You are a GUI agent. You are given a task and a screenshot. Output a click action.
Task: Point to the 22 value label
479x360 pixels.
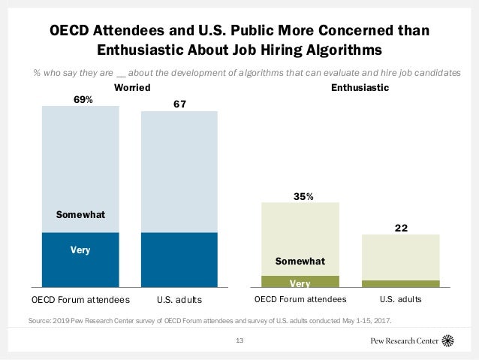[x=400, y=228]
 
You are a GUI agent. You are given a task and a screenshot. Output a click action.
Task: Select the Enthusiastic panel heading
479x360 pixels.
[x=360, y=87]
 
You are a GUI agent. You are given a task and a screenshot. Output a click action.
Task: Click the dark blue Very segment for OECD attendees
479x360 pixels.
[x=80, y=260]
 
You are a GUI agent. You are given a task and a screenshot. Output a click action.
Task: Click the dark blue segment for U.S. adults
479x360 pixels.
[x=179, y=260]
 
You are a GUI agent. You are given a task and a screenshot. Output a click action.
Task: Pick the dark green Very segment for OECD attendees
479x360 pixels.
[x=300, y=282]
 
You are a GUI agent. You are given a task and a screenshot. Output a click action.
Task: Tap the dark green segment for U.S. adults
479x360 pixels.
[x=400, y=284]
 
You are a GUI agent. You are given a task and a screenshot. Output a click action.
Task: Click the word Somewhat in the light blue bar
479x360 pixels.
[x=81, y=215]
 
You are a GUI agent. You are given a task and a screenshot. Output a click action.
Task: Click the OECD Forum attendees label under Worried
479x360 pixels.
[x=80, y=300]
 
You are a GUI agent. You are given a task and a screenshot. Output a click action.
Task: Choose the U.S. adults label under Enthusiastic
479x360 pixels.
[x=401, y=300]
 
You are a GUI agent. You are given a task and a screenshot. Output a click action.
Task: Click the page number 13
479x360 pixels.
[x=240, y=342]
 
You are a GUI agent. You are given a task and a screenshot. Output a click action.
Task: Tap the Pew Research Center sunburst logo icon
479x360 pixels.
[x=449, y=340]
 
